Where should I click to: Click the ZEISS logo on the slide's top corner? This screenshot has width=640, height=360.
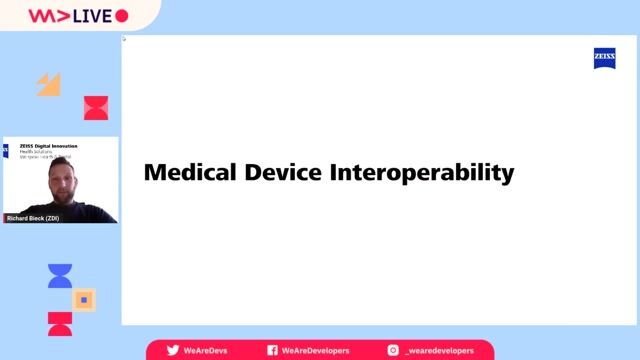tap(605, 59)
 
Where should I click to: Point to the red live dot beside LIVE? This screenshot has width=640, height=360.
tap(122, 16)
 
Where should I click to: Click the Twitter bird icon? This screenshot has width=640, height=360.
tap(172, 351)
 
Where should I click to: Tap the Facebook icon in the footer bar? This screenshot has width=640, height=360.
tap(272, 351)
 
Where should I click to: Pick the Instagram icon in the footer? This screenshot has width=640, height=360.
tap(393, 351)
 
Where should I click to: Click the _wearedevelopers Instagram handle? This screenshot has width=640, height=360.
tap(441, 351)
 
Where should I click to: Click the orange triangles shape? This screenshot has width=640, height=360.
tap(49, 85)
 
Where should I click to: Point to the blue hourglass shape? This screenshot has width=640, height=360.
tap(60, 276)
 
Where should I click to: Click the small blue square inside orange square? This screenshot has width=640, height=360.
tap(85, 299)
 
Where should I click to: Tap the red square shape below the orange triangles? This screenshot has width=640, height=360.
tap(96, 108)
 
